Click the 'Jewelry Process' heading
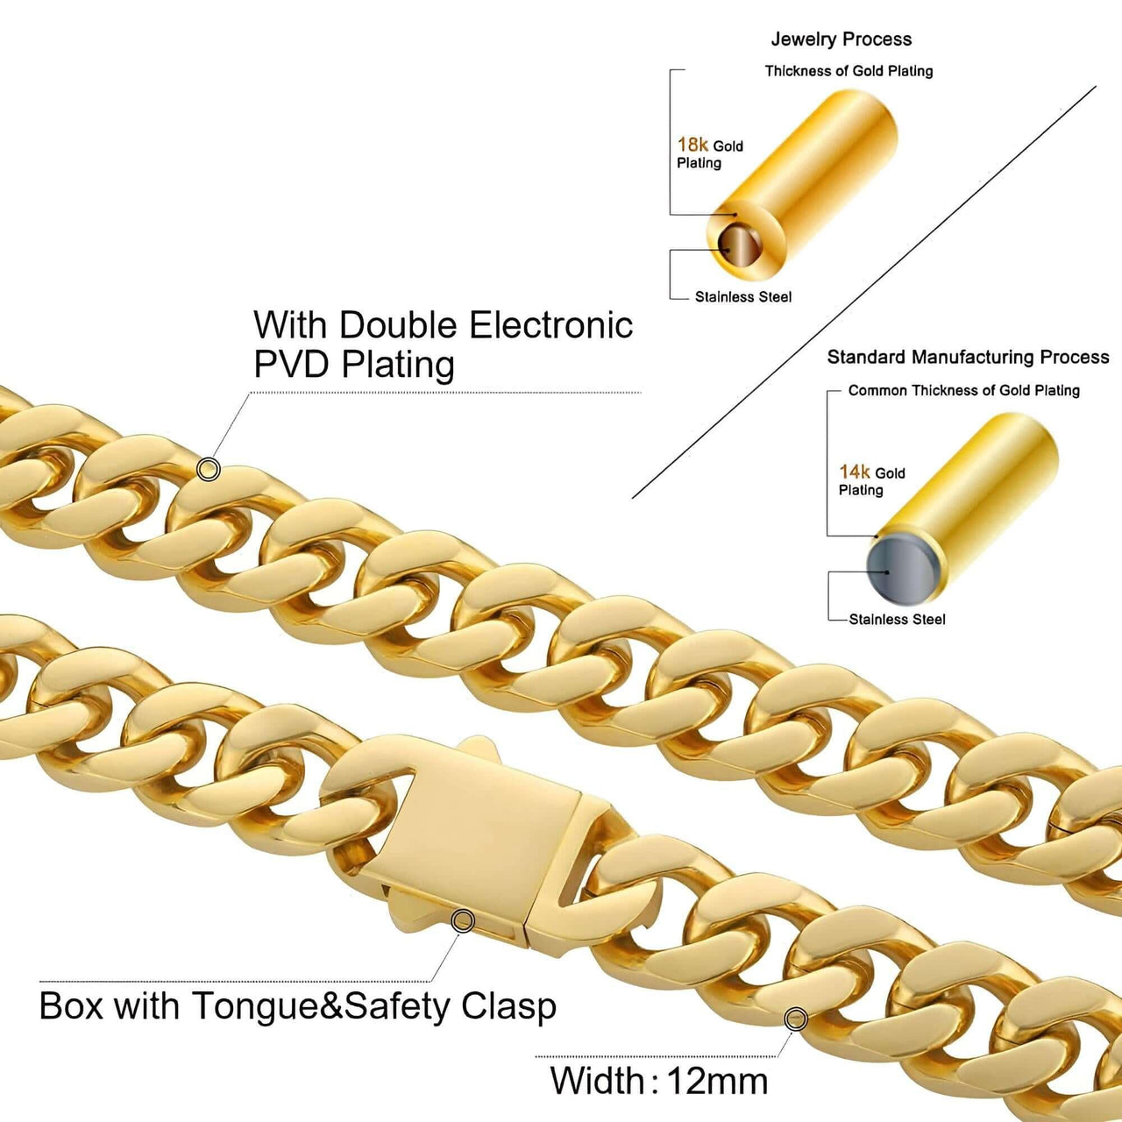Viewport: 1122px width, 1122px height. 841,39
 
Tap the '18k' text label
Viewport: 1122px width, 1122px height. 692,145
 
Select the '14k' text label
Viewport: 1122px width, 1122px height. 855,472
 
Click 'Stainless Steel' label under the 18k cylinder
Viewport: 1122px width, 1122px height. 743,297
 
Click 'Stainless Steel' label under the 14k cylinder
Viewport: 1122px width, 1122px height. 897,620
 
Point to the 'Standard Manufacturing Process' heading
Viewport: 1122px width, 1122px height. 968,357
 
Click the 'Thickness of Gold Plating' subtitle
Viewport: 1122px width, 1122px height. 849,71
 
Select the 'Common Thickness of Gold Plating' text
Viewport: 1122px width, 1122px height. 963,390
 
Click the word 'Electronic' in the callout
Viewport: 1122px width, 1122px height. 550,325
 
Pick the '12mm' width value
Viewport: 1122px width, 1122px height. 718,1081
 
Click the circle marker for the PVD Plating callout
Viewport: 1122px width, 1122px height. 208,470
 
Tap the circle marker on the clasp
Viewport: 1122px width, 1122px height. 463,920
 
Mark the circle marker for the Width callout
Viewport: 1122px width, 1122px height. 796,1019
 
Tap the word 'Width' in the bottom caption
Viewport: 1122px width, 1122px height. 598,1081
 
